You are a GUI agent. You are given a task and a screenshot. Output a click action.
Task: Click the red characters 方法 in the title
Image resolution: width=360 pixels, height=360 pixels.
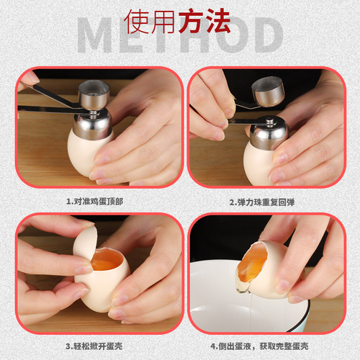click(205, 22)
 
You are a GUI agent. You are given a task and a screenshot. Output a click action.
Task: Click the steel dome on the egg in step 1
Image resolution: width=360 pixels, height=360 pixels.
click(92, 124)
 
